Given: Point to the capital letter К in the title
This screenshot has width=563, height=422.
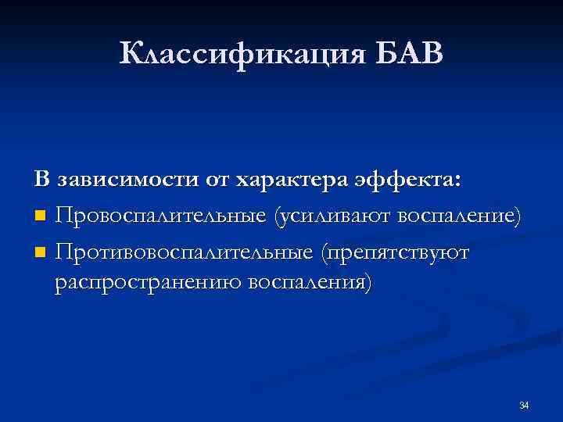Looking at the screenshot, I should (132, 55).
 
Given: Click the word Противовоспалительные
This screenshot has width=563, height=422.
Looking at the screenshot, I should (184, 252).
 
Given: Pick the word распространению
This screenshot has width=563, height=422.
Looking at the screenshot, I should (148, 281).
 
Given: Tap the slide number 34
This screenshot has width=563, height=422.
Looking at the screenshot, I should (524, 405).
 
